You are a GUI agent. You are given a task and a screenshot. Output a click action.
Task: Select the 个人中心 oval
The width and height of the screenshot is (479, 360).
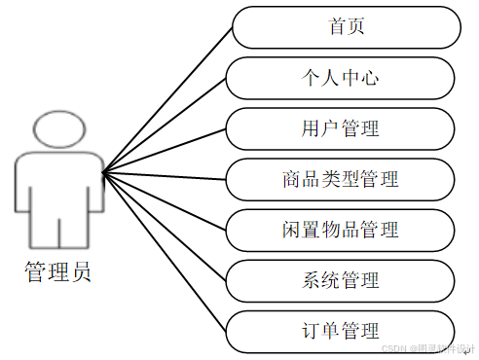pos(340,78)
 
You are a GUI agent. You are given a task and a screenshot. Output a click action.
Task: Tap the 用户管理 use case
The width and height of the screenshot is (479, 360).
pos(340,128)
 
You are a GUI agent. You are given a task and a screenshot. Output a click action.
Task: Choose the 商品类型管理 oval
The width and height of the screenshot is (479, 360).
pos(340,179)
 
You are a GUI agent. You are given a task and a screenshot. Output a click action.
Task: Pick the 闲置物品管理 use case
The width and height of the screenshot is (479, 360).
pos(340,230)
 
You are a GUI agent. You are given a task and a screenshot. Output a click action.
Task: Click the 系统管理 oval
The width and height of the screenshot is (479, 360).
pos(340,280)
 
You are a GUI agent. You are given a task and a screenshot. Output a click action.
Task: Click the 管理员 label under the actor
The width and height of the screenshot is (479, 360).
pos(58,271)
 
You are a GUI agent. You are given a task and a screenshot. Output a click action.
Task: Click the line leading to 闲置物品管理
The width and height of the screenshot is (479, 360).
pos(166,199)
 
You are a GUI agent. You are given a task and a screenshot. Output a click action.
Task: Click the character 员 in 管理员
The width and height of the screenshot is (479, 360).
pos(81,271)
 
